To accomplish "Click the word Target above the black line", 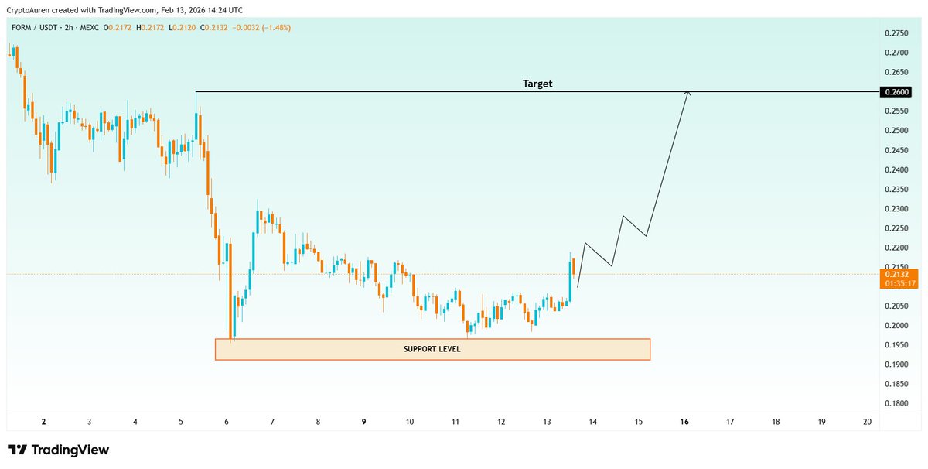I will [537, 84].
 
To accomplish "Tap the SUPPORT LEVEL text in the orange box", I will [432, 350].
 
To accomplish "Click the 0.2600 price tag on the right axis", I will [897, 92].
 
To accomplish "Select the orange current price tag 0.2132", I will [897, 274].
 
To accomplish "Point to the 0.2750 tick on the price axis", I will [896, 33].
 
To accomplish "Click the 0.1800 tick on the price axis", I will [896, 404].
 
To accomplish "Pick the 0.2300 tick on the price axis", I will [896, 209].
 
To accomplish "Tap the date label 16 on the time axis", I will [684, 422].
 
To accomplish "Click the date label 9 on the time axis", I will [363, 422].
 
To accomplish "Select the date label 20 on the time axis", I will [867, 422].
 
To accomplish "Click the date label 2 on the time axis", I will [43, 422].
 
